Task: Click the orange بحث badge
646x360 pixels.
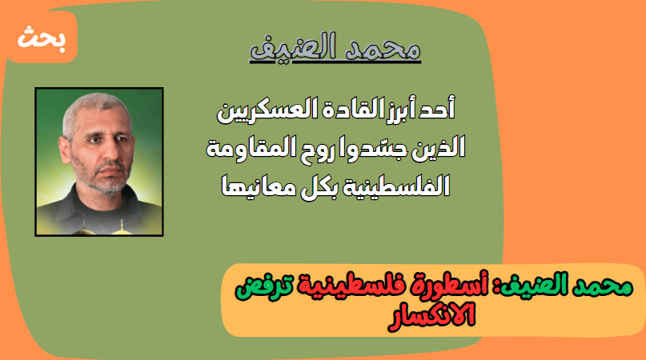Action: (42, 37)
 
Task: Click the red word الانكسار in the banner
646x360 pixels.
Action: (431, 316)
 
